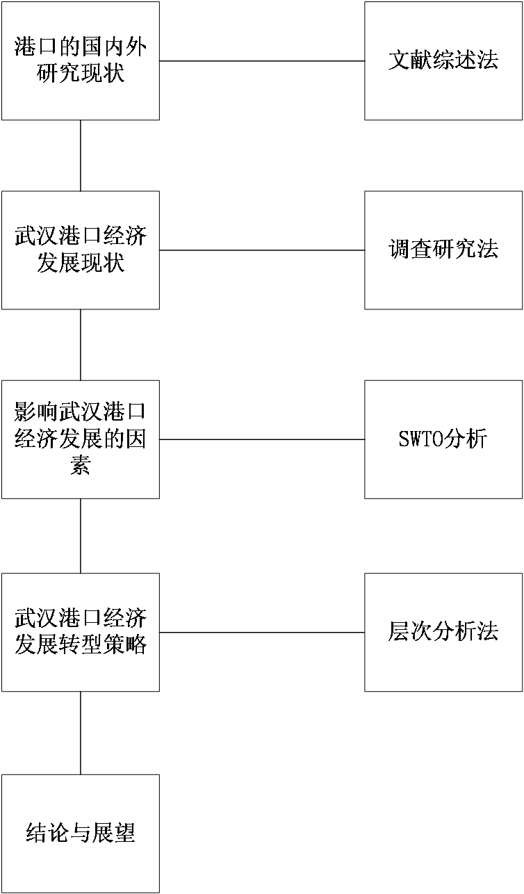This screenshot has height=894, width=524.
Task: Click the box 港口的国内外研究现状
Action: click(80, 60)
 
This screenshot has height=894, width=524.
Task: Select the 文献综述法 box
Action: click(443, 60)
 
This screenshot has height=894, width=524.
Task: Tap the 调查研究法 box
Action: click(443, 250)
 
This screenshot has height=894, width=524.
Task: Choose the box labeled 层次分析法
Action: click(443, 632)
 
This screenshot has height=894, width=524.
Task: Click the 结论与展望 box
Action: click(80, 834)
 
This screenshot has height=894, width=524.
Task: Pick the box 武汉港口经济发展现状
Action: click(80, 250)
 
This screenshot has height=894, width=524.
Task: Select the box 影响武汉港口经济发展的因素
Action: click(80, 439)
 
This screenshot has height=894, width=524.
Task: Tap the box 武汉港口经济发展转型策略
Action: click(80, 632)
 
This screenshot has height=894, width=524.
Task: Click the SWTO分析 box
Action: click(443, 439)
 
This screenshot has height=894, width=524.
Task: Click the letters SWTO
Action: click(421, 440)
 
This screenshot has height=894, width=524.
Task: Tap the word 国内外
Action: click(113, 48)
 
